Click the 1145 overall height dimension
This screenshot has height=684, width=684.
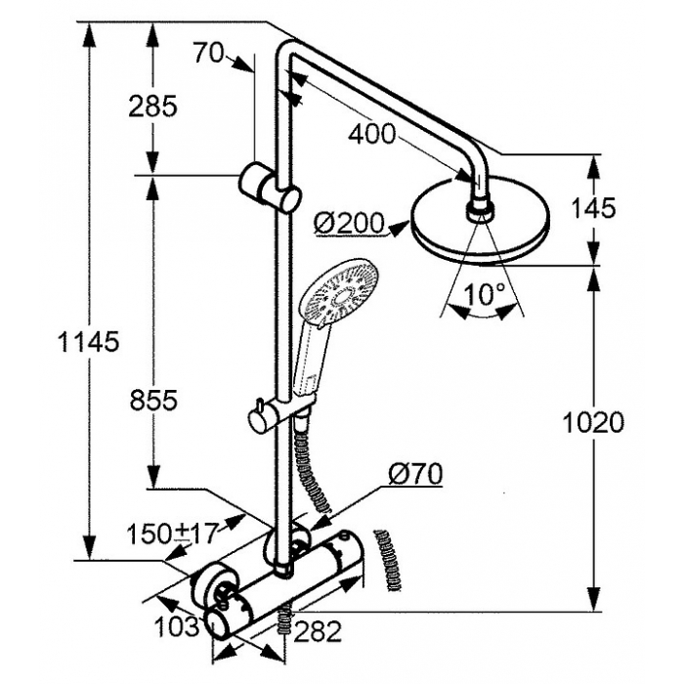click(x=88, y=342)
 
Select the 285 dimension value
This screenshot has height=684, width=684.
click(x=152, y=106)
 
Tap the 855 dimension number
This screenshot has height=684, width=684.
click(x=153, y=400)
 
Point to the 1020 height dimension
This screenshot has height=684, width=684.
click(x=593, y=422)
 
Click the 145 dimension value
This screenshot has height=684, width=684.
click(x=594, y=207)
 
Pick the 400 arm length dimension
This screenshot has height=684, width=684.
click(x=371, y=134)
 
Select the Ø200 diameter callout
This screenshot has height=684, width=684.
click(x=349, y=224)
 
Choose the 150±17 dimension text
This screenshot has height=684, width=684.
click(x=172, y=534)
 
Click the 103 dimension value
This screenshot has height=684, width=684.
click(x=176, y=627)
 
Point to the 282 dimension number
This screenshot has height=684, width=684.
click(x=318, y=631)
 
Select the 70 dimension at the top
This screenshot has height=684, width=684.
click(x=208, y=53)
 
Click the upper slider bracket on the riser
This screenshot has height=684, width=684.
click(x=270, y=188)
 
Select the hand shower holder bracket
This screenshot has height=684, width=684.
click(x=281, y=411)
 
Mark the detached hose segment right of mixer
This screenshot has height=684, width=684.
click(x=387, y=561)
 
